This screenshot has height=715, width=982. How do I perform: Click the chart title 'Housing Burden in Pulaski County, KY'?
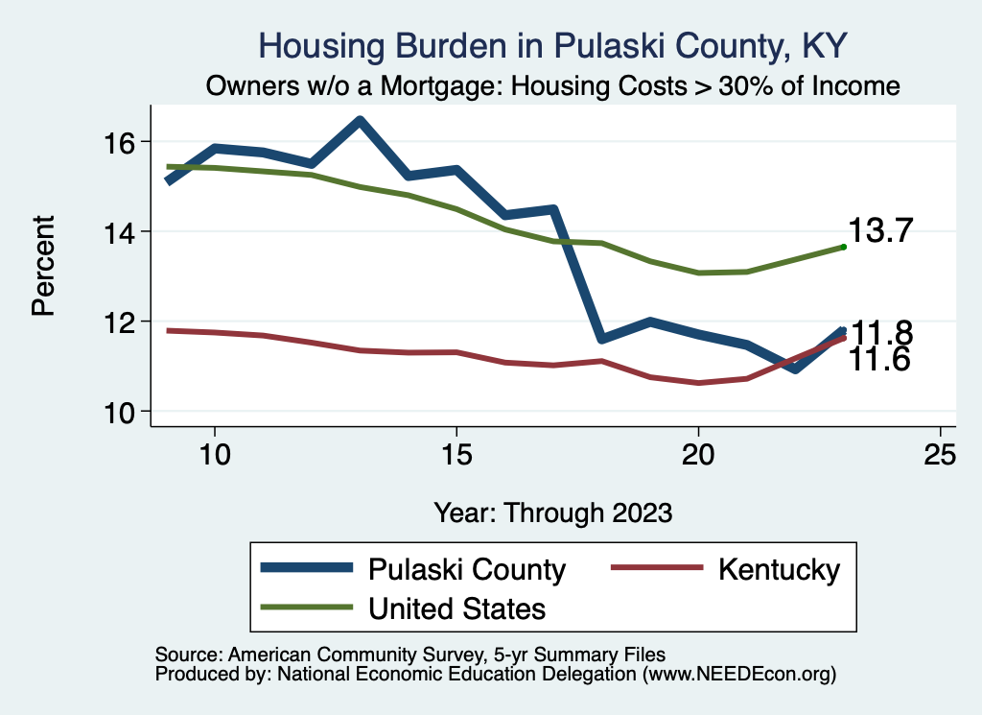tap(553, 46)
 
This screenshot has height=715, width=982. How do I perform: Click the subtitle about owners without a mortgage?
tap(553, 85)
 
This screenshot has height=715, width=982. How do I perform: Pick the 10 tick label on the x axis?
tap(215, 454)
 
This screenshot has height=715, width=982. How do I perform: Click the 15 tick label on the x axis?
tap(456, 454)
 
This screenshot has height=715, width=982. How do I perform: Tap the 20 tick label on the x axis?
tap(698, 454)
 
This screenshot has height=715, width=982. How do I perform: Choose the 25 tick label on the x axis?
tap(940, 454)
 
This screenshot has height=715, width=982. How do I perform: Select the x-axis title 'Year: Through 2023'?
tap(552, 512)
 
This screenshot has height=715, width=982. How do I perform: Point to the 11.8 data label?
tap(881, 333)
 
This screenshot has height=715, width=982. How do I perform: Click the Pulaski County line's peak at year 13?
tap(360, 121)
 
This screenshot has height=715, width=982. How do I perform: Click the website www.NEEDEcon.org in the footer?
tap(737, 675)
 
